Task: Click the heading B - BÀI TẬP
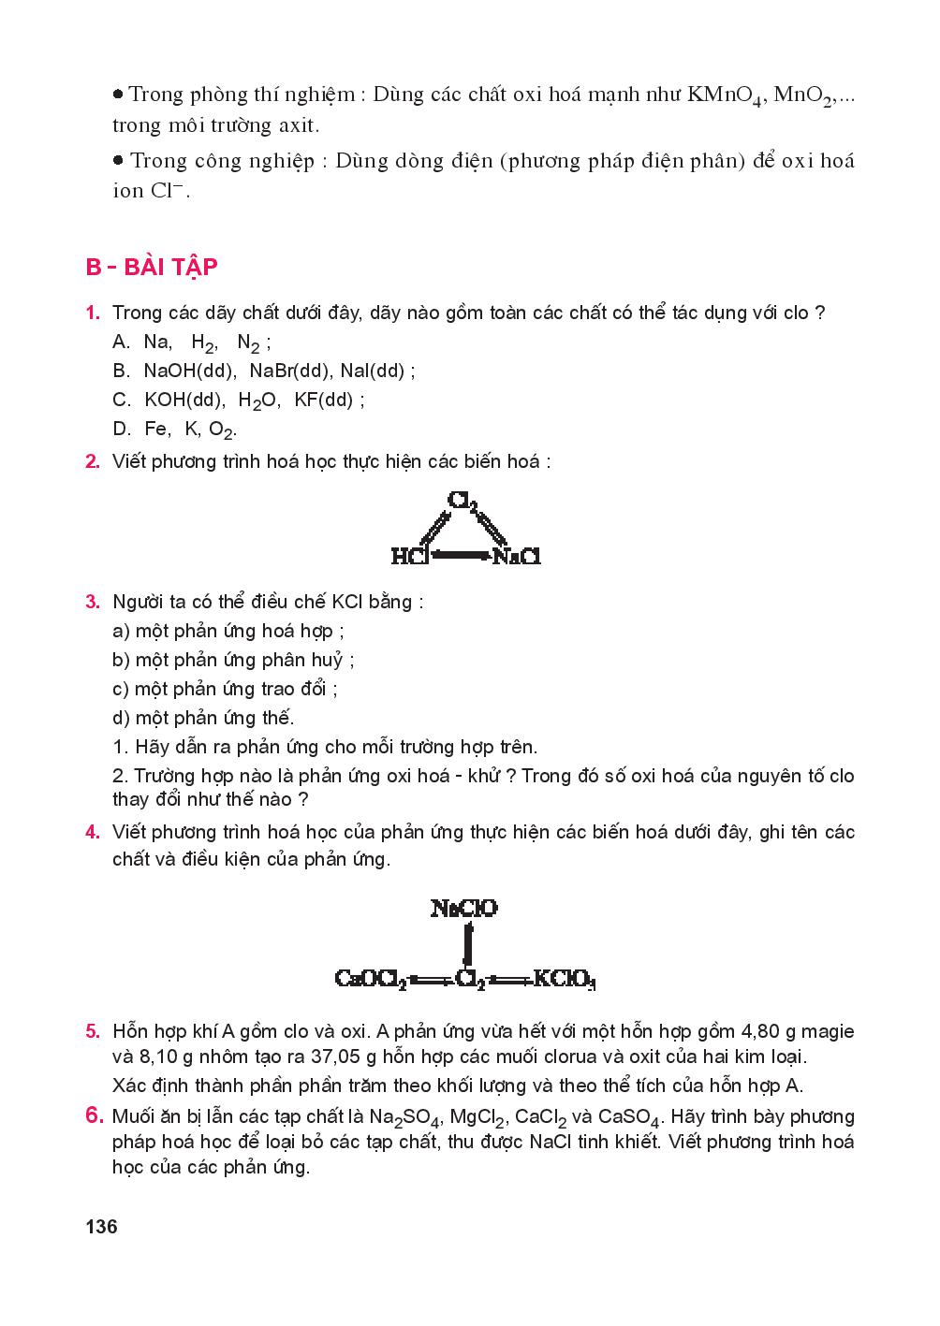[x=152, y=268]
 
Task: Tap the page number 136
[x=101, y=1227]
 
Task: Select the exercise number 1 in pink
[x=92, y=313]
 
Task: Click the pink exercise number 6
[x=93, y=1115]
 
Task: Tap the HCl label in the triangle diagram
[x=409, y=557]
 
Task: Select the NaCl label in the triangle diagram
[x=517, y=557]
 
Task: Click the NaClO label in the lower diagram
[x=464, y=908]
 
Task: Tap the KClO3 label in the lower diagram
[x=565, y=980]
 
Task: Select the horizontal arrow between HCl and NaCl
[x=461, y=557]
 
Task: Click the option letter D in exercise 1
[x=121, y=430]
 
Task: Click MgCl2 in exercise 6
[x=477, y=1117]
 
